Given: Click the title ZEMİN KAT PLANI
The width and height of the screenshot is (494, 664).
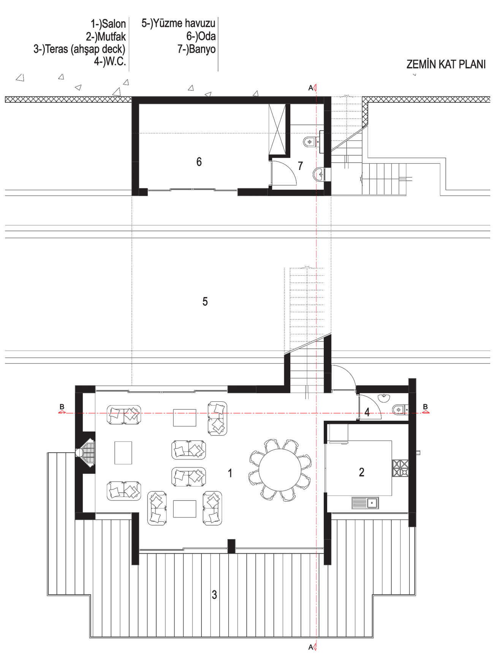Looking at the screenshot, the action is [x=446, y=65].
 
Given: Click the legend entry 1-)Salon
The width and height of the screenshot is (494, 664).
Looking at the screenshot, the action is [x=108, y=24].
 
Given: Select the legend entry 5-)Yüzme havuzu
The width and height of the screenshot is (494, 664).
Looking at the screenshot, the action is [x=179, y=23].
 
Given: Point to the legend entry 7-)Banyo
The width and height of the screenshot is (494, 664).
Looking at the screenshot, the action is [x=196, y=49].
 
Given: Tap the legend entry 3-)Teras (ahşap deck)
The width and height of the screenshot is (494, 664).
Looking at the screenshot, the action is [x=79, y=49].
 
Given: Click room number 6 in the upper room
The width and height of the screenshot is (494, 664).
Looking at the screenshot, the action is [x=199, y=162].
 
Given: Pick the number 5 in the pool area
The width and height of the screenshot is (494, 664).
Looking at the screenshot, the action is [x=205, y=302].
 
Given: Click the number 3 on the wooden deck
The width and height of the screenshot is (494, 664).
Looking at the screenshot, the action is [x=214, y=595].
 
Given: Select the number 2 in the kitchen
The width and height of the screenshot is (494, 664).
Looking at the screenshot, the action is [x=361, y=472].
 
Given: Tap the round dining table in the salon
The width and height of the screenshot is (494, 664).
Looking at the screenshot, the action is [x=280, y=470].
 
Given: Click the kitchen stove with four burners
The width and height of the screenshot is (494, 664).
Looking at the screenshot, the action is [x=400, y=468].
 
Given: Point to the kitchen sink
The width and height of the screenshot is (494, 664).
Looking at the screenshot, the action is [x=365, y=503].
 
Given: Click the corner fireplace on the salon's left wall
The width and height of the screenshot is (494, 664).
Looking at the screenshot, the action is [x=86, y=452].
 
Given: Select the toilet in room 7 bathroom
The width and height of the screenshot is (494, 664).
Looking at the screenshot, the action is [x=311, y=142].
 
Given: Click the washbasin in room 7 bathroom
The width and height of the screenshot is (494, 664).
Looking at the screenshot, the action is [x=318, y=174].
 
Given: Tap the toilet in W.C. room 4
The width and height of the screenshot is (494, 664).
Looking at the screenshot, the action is [x=399, y=410].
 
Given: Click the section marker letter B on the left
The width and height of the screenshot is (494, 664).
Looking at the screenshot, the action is [x=62, y=407].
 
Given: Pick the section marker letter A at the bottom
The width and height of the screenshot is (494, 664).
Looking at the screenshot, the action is [x=310, y=647].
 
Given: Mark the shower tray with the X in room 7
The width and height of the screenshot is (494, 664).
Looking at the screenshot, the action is [x=277, y=129].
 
